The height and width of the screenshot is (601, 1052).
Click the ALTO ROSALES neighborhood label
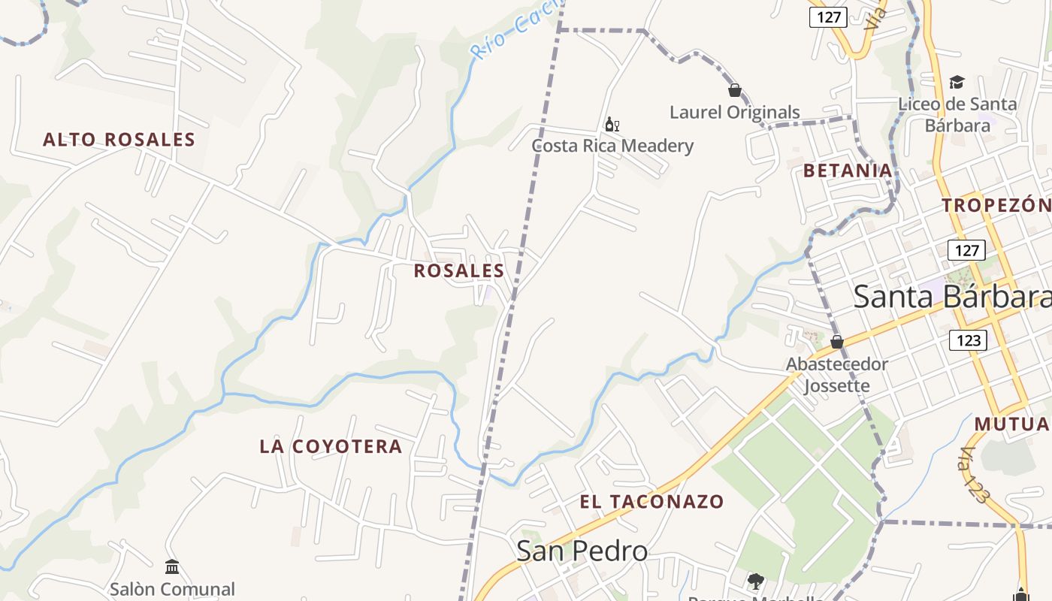[x=119, y=140]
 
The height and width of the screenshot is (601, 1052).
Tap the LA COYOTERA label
[x=331, y=446]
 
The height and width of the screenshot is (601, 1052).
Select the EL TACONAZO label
[x=651, y=502]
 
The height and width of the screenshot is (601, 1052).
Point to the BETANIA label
[x=848, y=171]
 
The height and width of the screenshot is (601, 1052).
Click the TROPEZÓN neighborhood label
[x=996, y=205]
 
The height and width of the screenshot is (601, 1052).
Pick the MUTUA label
[x=1011, y=424]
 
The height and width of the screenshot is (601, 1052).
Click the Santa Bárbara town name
[x=951, y=297]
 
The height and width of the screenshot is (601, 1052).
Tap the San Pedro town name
[x=582, y=551]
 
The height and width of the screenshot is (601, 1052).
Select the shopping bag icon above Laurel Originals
[x=735, y=90]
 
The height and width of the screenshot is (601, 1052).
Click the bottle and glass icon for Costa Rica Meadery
[x=612, y=124]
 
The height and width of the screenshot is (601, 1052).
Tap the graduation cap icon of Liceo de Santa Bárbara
[x=957, y=82]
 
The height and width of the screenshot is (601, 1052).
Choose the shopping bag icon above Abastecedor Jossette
[x=836, y=342]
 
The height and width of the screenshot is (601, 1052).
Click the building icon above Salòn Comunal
[x=172, y=566]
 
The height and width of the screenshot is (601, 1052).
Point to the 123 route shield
[x=969, y=340]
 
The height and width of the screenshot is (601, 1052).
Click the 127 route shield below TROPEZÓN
[x=966, y=250]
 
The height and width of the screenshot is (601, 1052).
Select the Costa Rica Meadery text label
[x=612, y=146]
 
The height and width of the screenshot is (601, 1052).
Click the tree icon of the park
[x=755, y=581]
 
